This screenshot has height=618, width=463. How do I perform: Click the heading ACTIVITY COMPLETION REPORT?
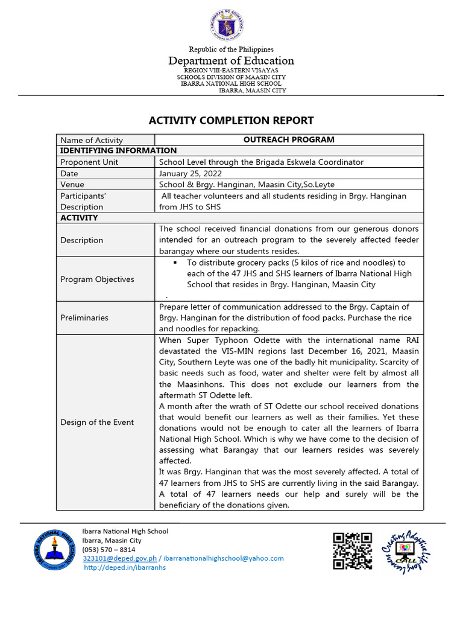click(x=231, y=120)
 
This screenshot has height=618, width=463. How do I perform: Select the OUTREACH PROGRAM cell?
click(x=288, y=139)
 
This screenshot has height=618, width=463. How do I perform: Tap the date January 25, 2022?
click(x=191, y=173)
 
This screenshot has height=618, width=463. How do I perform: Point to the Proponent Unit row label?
click(x=89, y=162)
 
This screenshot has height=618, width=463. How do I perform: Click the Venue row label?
click(x=72, y=185)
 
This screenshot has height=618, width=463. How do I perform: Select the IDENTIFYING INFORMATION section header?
click(x=119, y=151)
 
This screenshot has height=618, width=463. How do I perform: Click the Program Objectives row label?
click(x=97, y=279)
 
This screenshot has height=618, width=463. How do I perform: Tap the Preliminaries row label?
click(x=84, y=317)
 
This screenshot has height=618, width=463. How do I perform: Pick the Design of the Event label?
click(x=97, y=422)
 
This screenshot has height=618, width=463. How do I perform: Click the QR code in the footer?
click(x=353, y=550)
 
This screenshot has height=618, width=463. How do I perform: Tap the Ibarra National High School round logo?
click(x=55, y=550)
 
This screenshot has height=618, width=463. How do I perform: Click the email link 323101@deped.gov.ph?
click(x=120, y=558)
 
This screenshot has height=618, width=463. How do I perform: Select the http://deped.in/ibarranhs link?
click(x=124, y=567)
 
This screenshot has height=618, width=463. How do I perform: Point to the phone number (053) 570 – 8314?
click(x=109, y=549)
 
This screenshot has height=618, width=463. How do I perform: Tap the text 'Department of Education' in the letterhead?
click(x=231, y=60)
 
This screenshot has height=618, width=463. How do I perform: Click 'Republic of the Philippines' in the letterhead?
click(x=231, y=49)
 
